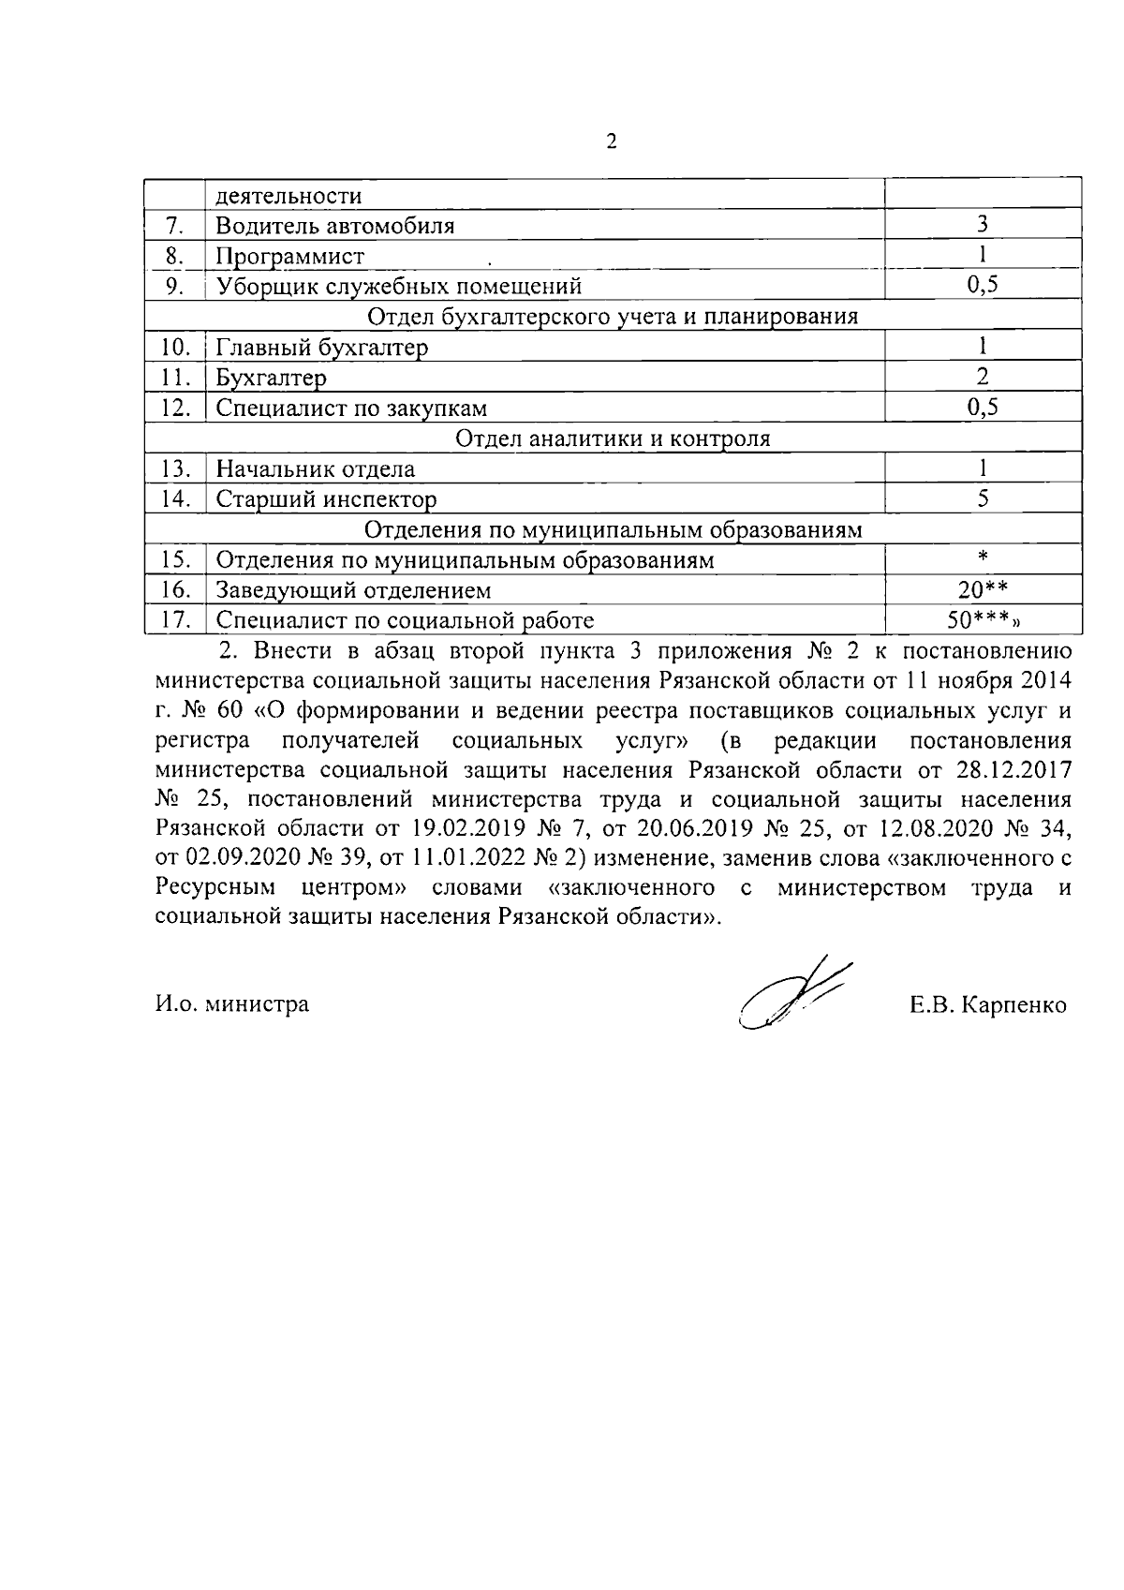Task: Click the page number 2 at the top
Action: pyautogui.click(x=612, y=142)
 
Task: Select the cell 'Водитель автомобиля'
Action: pyautogui.click(x=335, y=226)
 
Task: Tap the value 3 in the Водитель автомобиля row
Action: pyautogui.click(x=983, y=224)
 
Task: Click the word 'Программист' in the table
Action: pyautogui.click(x=290, y=256)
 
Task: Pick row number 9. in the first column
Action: pyautogui.click(x=174, y=286)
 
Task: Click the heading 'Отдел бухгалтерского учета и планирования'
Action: pyautogui.click(x=613, y=316)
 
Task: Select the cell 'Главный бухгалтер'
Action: pyautogui.click(x=322, y=348)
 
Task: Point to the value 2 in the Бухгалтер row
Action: pyautogui.click(x=983, y=377)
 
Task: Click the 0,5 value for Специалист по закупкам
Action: pyautogui.click(x=983, y=407)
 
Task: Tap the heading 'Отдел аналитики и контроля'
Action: pyautogui.click(x=613, y=438)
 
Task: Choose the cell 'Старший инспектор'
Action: pyautogui.click(x=326, y=498)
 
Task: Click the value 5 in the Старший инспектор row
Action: pyautogui.click(x=983, y=498)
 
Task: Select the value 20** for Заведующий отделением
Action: pyautogui.click(x=983, y=588)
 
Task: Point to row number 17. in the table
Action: pyautogui.click(x=175, y=619)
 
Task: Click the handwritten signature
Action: pyautogui.click(x=791, y=995)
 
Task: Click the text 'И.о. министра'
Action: pyautogui.click(x=232, y=1004)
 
